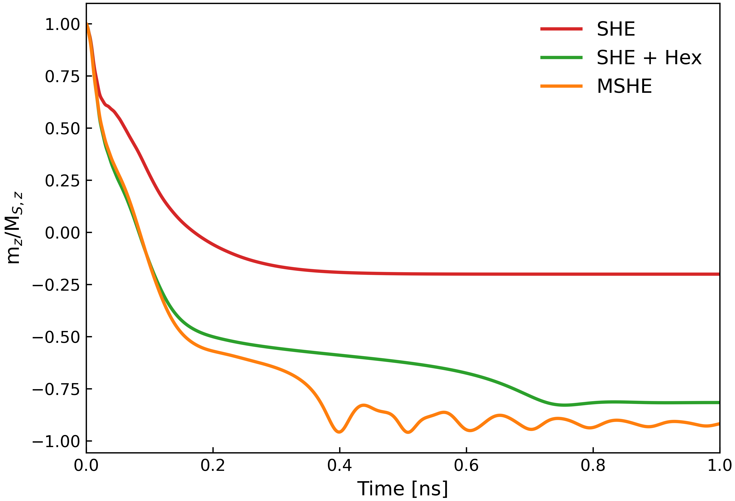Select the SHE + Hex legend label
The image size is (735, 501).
pyautogui.click(x=649, y=58)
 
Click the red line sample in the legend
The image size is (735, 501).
pyautogui.click(x=561, y=29)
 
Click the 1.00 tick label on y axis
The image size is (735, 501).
pyautogui.click(x=62, y=25)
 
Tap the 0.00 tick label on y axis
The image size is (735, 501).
pyautogui.click(x=62, y=233)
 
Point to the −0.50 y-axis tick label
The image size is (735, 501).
pyautogui.click(x=56, y=337)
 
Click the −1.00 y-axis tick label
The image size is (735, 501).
pyautogui.click(x=56, y=442)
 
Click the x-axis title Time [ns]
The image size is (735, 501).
pyautogui.click(x=403, y=489)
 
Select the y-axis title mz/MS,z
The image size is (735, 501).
pyautogui.click(x=14, y=228)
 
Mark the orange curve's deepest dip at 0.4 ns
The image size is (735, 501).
pyautogui.click(x=339, y=432)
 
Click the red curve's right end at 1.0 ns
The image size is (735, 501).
pyautogui.click(x=719, y=274)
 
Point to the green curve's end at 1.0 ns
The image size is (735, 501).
pyautogui.click(x=719, y=402)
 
